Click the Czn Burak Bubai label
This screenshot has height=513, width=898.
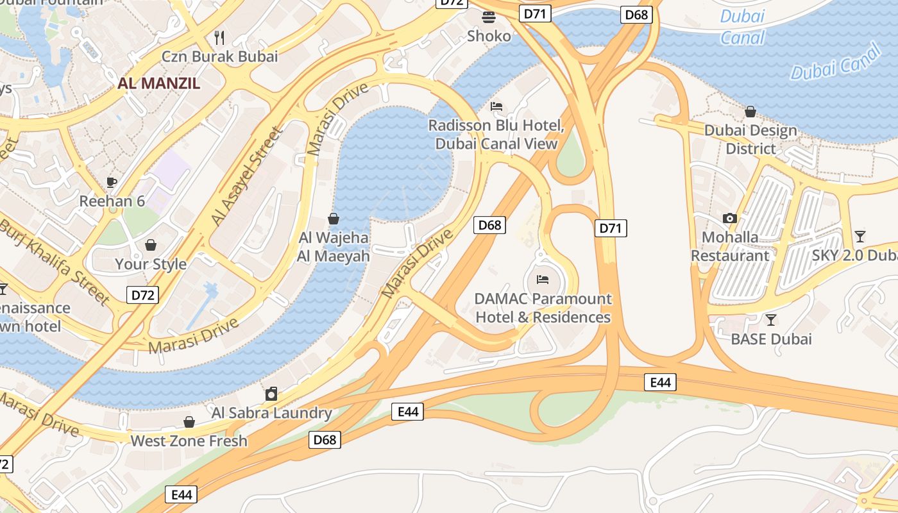pyautogui.click(x=219, y=56)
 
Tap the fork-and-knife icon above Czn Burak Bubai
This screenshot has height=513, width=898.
pyautogui.click(x=219, y=37)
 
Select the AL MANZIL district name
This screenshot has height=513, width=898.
pyautogui.click(x=158, y=83)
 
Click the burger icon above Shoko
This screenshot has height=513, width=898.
pyautogui.click(x=489, y=17)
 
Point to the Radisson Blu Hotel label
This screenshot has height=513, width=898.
pyautogui.click(x=496, y=135)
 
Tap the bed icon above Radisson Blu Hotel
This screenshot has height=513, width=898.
pyautogui.click(x=496, y=106)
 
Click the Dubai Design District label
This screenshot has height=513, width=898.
pyautogui.click(x=750, y=139)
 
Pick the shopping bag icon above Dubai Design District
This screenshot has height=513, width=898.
pyautogui.click(x=750, y=112)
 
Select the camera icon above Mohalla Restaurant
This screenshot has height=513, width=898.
pyautogui.click(x=729, y=218)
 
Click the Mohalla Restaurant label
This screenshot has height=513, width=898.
pyautogui.click(x=730, y=246)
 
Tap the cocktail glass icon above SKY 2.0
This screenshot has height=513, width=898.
pyautogui.click(x=860, y=236)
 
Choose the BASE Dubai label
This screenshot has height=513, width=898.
pyautogui.click(x=771, y=339)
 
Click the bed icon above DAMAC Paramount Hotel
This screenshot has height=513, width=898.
pyautogui.click(x=543, y=280)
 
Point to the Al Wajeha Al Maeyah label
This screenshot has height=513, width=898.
pyautogui.click(x=334, y=247)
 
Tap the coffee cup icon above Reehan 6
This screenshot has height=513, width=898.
pyautogui.click(x=112, y=182)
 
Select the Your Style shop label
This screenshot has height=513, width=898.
pyautogui.click(x=151, y=264)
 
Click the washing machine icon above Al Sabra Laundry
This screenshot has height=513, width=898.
pyautogui.click(x=271, y=393)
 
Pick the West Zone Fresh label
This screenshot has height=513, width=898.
pyautogui.click(x=189, y=441)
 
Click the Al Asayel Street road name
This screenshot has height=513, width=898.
pyautogui.click(x=247, y=176)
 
